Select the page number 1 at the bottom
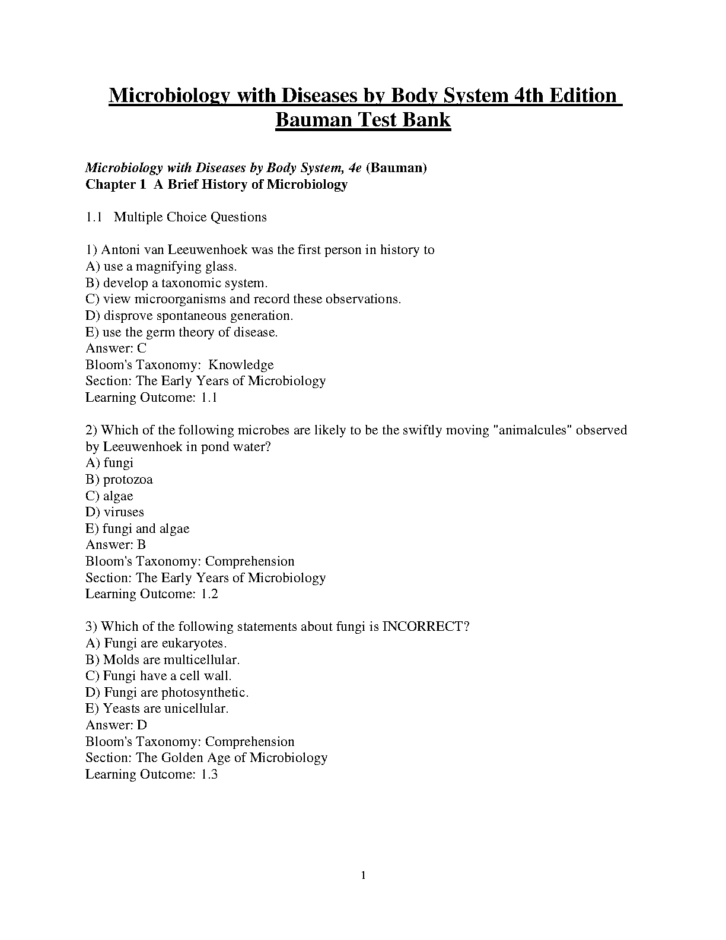[x=363, y=875]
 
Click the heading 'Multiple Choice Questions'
[x=190, y=217]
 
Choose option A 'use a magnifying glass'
[x=161, y=266]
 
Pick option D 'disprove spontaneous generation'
[x=189, y=316]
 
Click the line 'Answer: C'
[x=116, y=348]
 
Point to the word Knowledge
[x=241, y=365]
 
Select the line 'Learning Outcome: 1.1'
[x=151, y=398]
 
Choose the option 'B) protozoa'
[x=119, y=479]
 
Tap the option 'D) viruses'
[x=115, y=512]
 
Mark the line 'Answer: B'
[x=116, y=545]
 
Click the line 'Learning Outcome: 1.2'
[x=151, y=594]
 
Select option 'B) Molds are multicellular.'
[x=163, y=659]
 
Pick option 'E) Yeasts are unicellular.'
[x=157, y=709]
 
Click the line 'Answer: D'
[x=116, y=725]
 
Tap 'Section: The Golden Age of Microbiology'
[x=206, y=758]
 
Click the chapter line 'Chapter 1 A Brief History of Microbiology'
[x=216, y=185]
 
